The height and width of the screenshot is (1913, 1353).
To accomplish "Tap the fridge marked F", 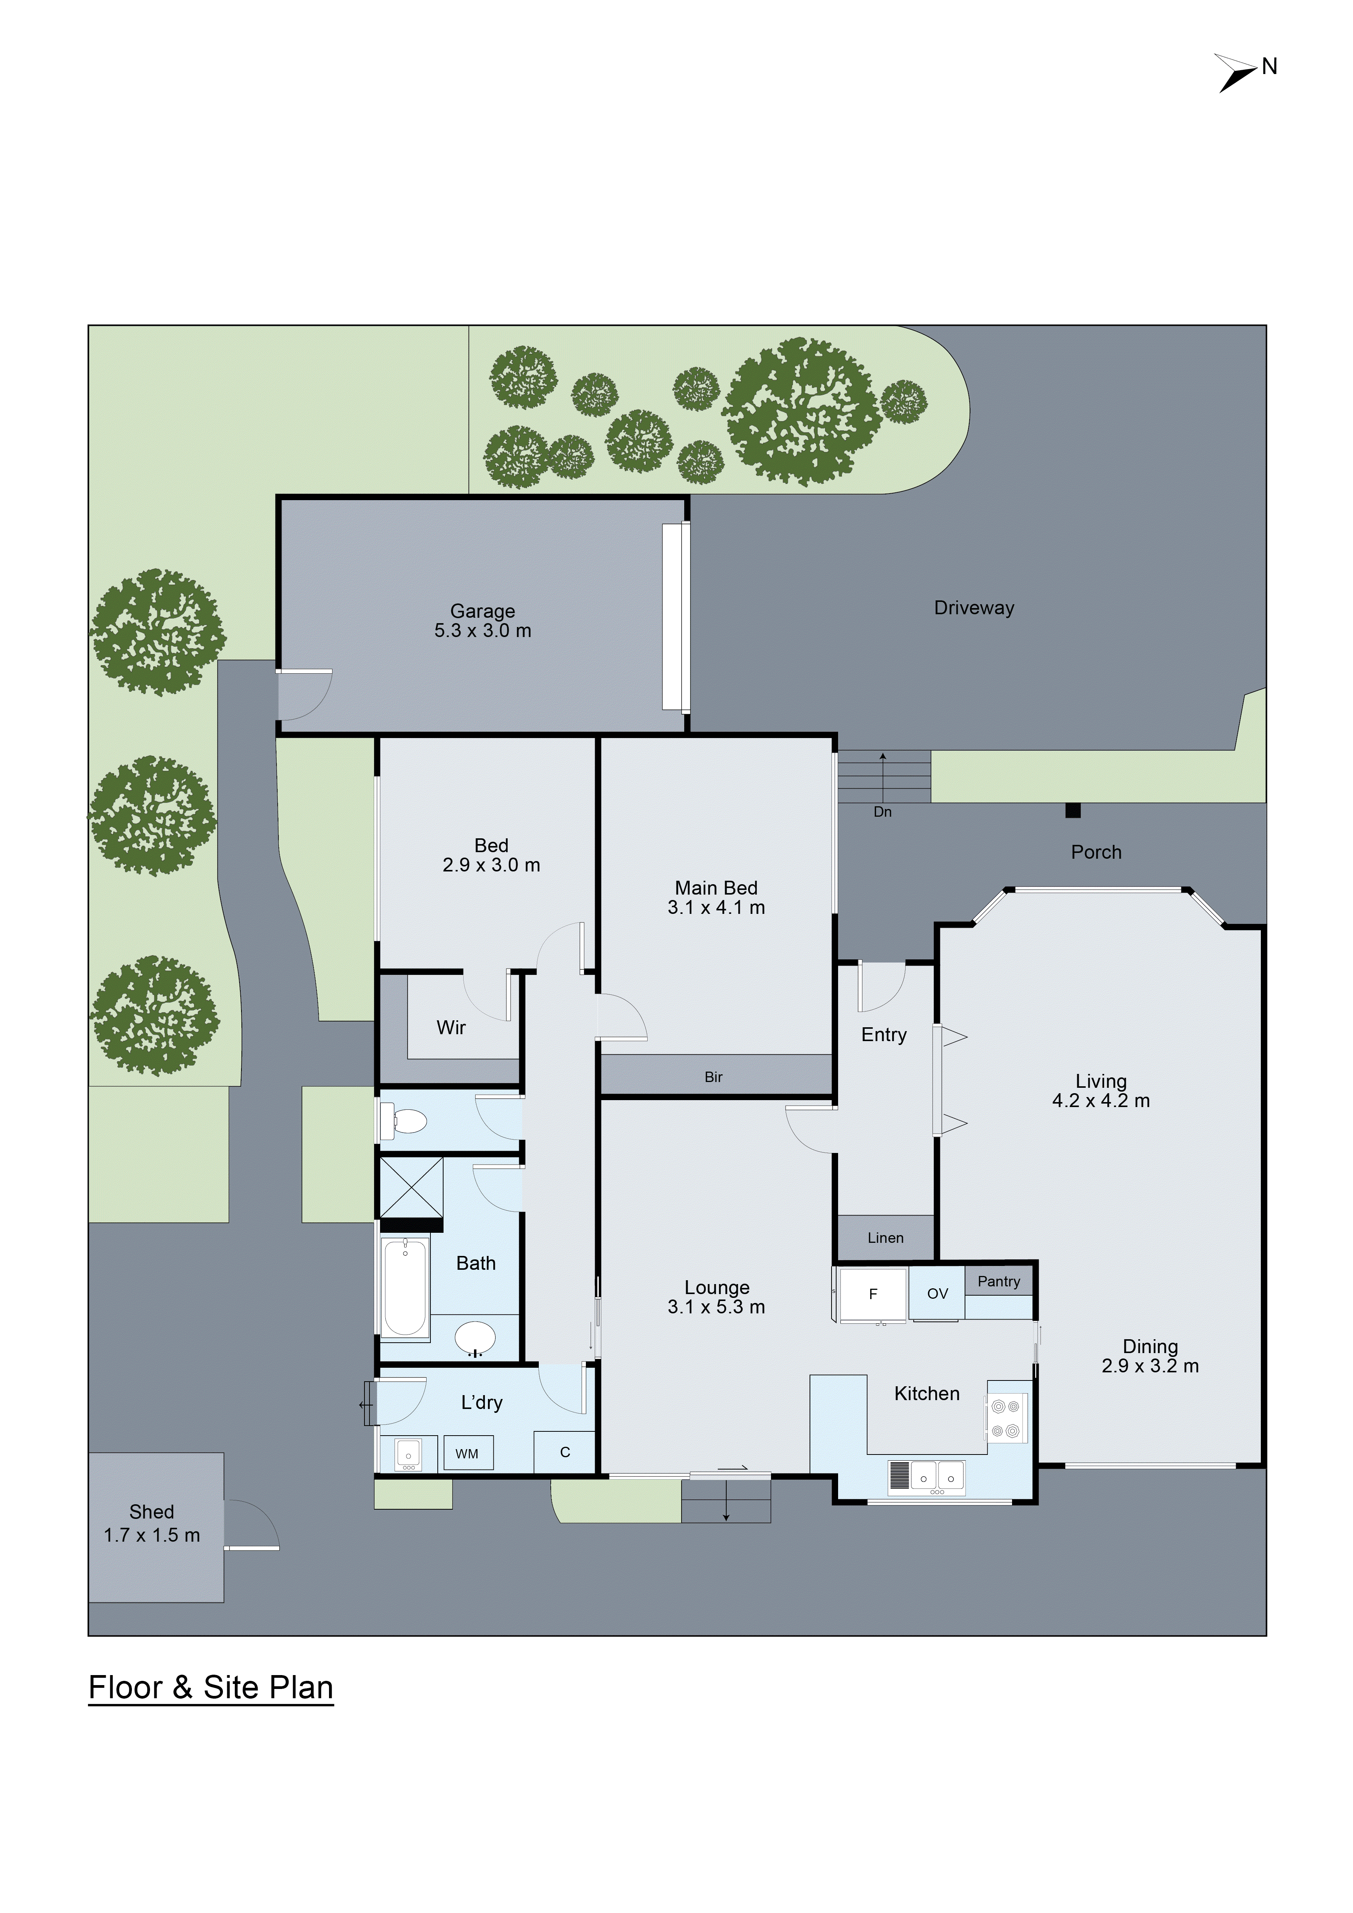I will pos(872,1294).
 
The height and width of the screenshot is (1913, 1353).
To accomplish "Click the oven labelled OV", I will pos(937,1294).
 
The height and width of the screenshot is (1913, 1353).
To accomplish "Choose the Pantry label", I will pos(998,1281).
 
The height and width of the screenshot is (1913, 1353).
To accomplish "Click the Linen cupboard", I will pos(885,1238).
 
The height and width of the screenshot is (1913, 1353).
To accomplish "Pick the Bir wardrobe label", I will pos(713,1077).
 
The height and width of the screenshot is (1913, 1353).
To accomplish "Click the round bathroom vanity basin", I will pos(475,1339).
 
